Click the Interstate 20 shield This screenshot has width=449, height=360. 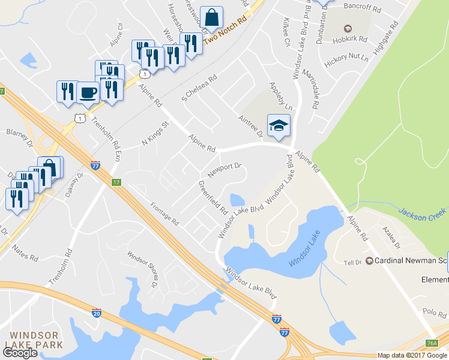click(97, 313)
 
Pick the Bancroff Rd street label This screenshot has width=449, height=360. click(362, 9)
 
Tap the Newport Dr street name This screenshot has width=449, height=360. click(224, 170)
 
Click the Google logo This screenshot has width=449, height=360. click(20, 353)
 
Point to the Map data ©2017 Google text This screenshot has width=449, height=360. click(412, 355)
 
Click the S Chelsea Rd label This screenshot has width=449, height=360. click(199, 89)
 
